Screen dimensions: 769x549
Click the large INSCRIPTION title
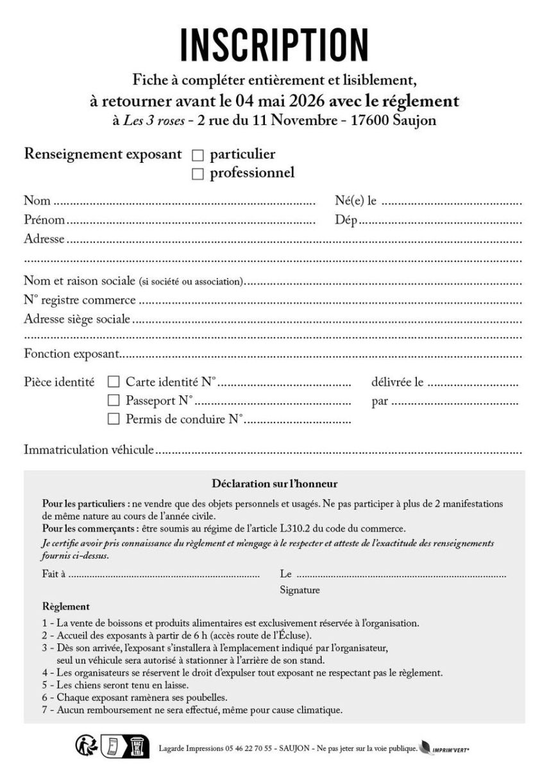click(x=274, y=45)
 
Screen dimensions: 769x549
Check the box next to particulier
click(x=198, y=155)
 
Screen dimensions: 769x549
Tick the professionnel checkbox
click(x=198, y=174)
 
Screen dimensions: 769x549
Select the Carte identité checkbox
click(x=114, y=382)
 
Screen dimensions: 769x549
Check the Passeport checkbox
click(x=114, y=401)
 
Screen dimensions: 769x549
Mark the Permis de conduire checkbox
click(x=114, y=419)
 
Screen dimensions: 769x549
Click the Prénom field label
click(x=44, y=220)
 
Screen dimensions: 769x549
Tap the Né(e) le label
click(x=355, y=201)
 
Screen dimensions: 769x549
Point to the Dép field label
click(x=346, y=220)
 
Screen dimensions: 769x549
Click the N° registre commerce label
click(x=80, y=300)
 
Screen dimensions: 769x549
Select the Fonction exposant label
click(x=72, y=354)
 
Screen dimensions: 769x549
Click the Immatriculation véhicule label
click(x=89, y=450)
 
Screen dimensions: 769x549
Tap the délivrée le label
click(x=397, y=383)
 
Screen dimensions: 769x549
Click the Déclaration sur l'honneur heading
click(x=274, y=484)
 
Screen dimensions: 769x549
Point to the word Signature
click(x=300, y=590)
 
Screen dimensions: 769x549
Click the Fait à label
click(x=54, y=574)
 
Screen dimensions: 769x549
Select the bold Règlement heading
click(x=65, y=606)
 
